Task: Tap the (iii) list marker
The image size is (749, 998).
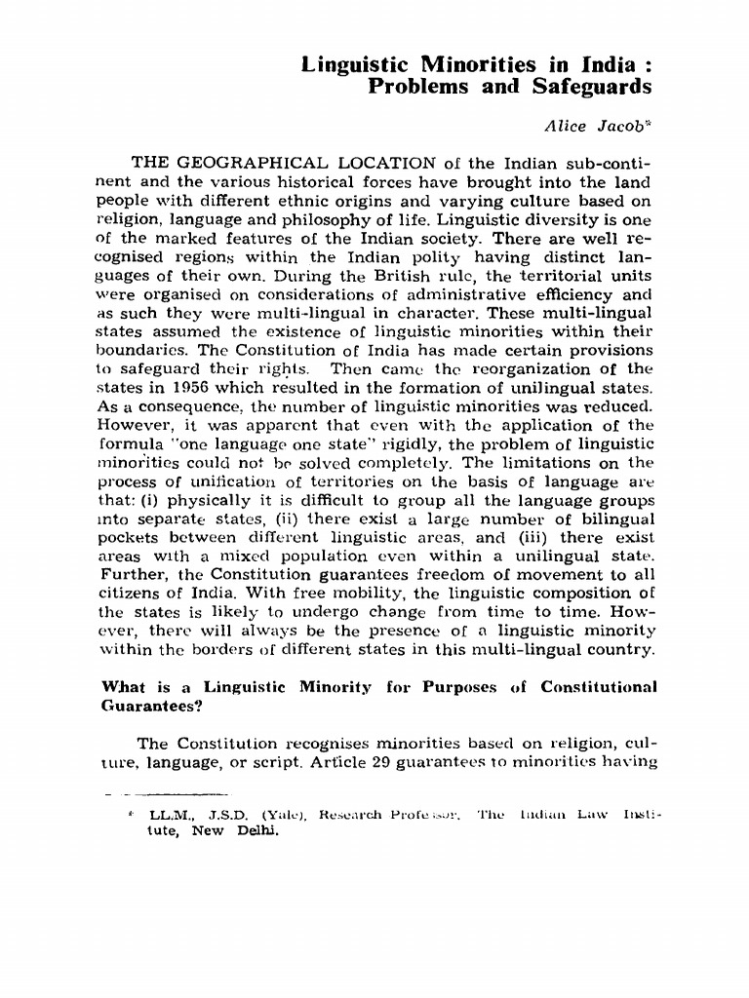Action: pos(545,537)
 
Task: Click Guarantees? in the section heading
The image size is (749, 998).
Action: pos(143,706)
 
